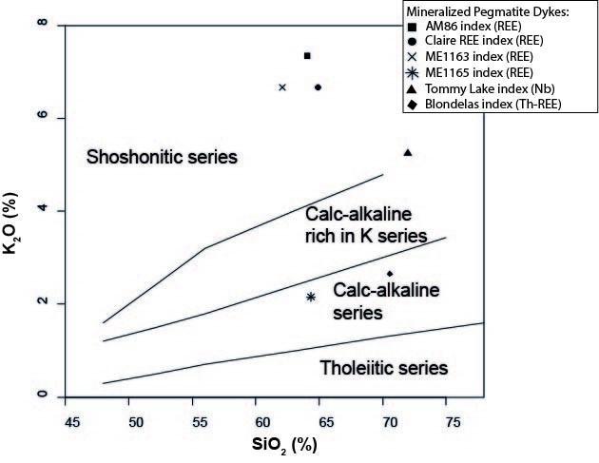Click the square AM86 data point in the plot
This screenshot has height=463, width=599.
point(307,56)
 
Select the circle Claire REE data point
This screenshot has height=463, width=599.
point(318,87)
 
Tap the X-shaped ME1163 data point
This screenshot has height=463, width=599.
point(281,87)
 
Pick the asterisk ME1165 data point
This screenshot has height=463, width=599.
point(311,297)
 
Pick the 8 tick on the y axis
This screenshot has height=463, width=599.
point(42,25)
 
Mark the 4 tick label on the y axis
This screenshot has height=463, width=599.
point(42,210)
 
